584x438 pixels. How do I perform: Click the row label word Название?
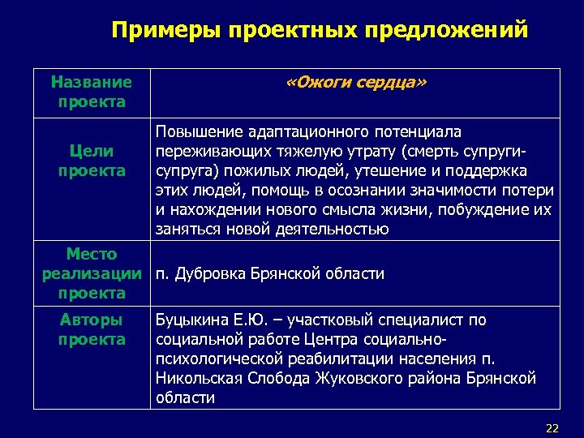[x=91, y=82]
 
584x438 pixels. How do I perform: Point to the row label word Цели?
[x=91, y=151]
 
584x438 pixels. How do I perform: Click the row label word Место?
[x=91, y=255]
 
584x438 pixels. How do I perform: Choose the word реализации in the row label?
[x=91, y=273]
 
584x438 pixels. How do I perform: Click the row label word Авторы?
[x=91, y=320]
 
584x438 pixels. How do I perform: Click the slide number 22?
[x=552, y=427]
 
